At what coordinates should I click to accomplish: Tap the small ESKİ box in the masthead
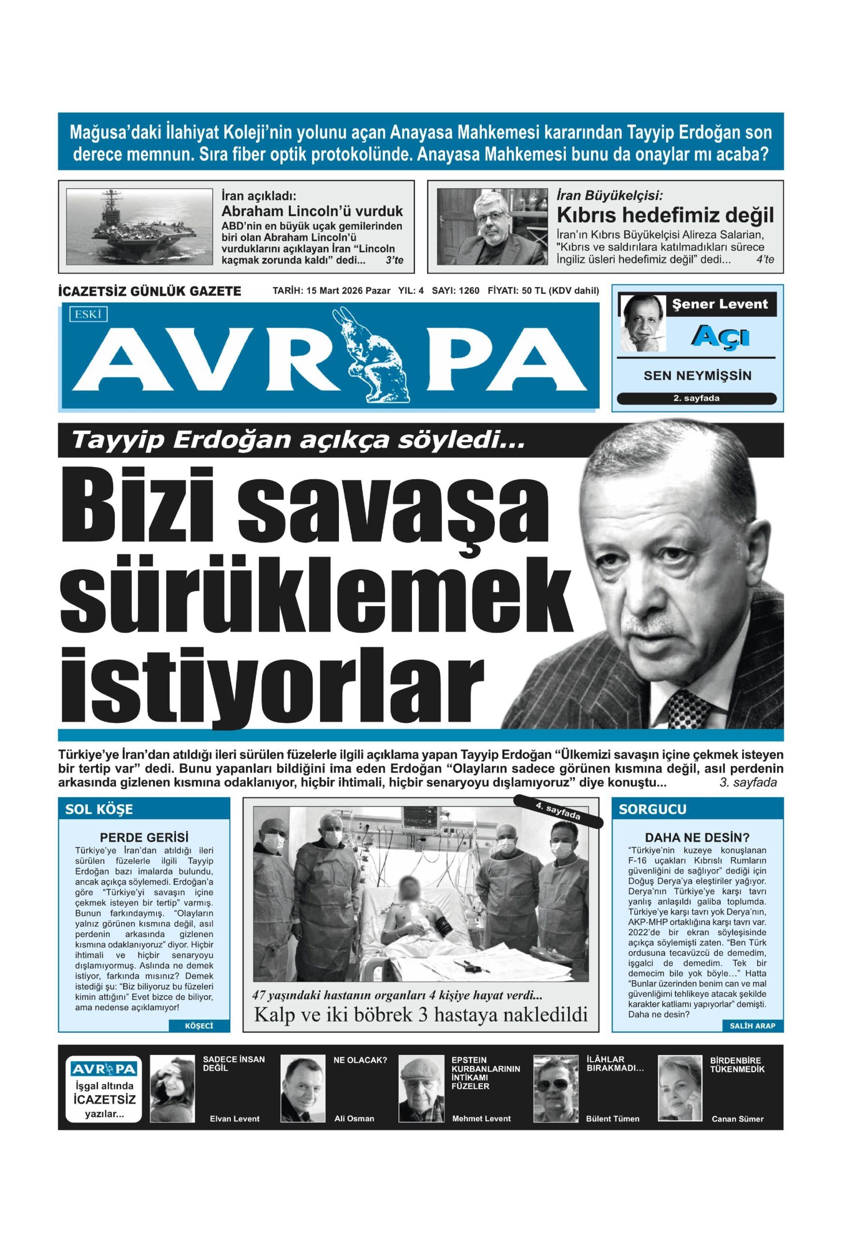coord(88,315)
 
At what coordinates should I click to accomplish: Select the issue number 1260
coord(468,291)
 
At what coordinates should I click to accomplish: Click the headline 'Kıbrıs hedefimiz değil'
coord(665,215)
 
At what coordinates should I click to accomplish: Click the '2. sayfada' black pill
coord(696,398)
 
